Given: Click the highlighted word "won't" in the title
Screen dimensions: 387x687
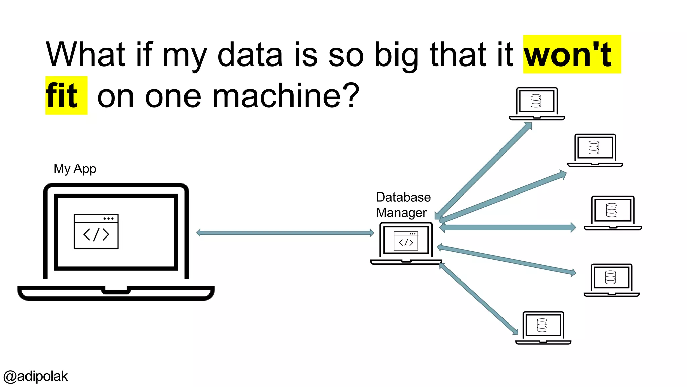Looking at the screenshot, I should click(x=568, y=54).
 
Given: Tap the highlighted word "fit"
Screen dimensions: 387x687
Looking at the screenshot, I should click(x=62, y=96).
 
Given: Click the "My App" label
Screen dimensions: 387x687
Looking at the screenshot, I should click(x=75, y=169).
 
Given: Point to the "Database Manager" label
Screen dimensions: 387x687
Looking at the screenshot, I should click(x=403, y=205).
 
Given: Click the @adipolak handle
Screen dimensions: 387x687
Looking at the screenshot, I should click(x=36, y=376).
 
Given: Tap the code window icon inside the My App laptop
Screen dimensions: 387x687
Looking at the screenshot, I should click(x=96, y=232).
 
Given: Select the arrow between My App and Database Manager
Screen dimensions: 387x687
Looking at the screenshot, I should click(x=285, y=233).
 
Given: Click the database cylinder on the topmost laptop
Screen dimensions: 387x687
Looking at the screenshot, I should click(x=536, y=101).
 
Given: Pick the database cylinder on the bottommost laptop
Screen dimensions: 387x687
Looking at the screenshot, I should click(x=542, y=325).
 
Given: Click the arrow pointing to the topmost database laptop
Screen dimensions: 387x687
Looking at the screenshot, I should click(x=485, y=170).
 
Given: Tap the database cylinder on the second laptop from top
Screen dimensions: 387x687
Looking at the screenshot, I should click(x=594, y=147).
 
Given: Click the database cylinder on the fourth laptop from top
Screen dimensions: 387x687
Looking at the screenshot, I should click(x=610, y=277).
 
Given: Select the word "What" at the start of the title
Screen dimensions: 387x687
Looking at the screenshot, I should click(x=85, y=54).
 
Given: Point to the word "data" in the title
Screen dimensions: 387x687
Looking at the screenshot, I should click(x=250, y=54).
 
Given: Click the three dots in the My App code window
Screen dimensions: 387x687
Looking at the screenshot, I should click(x=108, y=219).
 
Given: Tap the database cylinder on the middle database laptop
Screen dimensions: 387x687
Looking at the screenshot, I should click(x=612, y=210).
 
